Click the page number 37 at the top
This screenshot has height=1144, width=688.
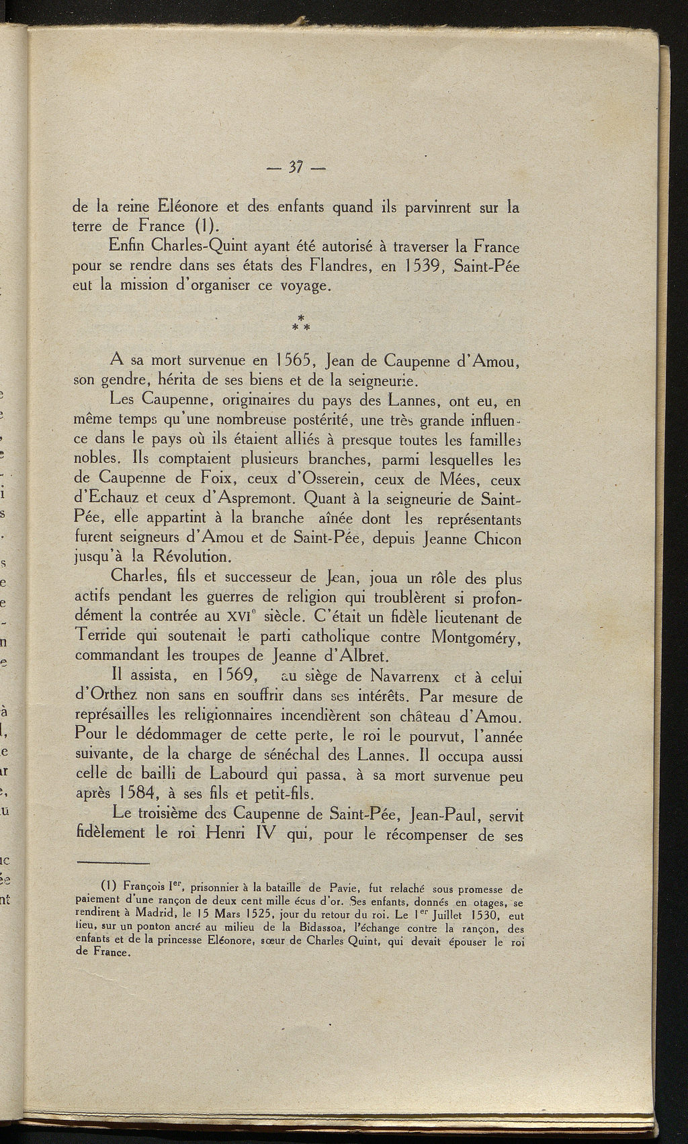[x=296, y=166]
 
